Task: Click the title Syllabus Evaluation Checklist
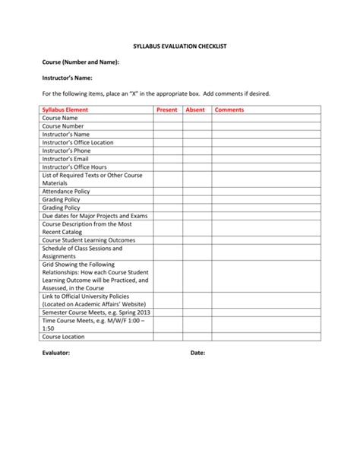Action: (180, 46)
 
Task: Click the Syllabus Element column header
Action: (65, 110)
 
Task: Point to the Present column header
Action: (166, 110)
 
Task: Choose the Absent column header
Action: (195, 110)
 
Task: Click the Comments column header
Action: (229, 110)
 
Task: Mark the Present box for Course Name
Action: (167, 119)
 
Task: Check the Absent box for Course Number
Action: (196, 127)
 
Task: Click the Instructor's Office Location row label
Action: (78, 143)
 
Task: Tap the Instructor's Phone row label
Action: (66, 151)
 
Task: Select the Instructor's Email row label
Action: (65, 159)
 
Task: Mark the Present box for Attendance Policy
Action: (167, 192)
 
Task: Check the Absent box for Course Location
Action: (196, 336)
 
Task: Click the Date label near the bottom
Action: (197, 353)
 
